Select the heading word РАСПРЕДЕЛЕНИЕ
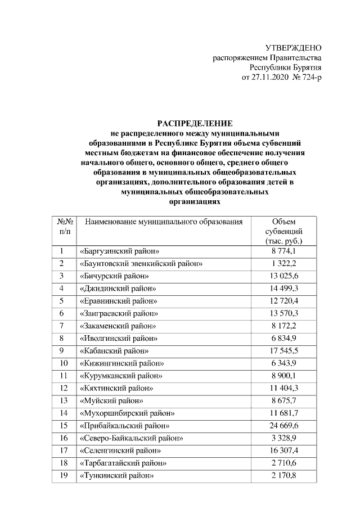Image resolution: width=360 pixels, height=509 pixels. tap(194, 123)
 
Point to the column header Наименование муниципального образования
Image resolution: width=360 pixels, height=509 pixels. tap(164, 222)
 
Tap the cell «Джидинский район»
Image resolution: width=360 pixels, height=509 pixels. tap(118, 289)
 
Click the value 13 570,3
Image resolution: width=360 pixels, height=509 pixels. tap(283, 313)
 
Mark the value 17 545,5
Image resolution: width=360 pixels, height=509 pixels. tap(283, 350)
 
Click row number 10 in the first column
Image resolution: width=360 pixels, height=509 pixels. tap(64, 363)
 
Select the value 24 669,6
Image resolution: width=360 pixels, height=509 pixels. tap(283, 425)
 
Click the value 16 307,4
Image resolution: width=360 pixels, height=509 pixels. tap(283, 450)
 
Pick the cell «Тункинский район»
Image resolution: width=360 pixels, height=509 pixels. tap(117, 475)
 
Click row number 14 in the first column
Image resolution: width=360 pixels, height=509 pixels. tap(64, 413)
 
